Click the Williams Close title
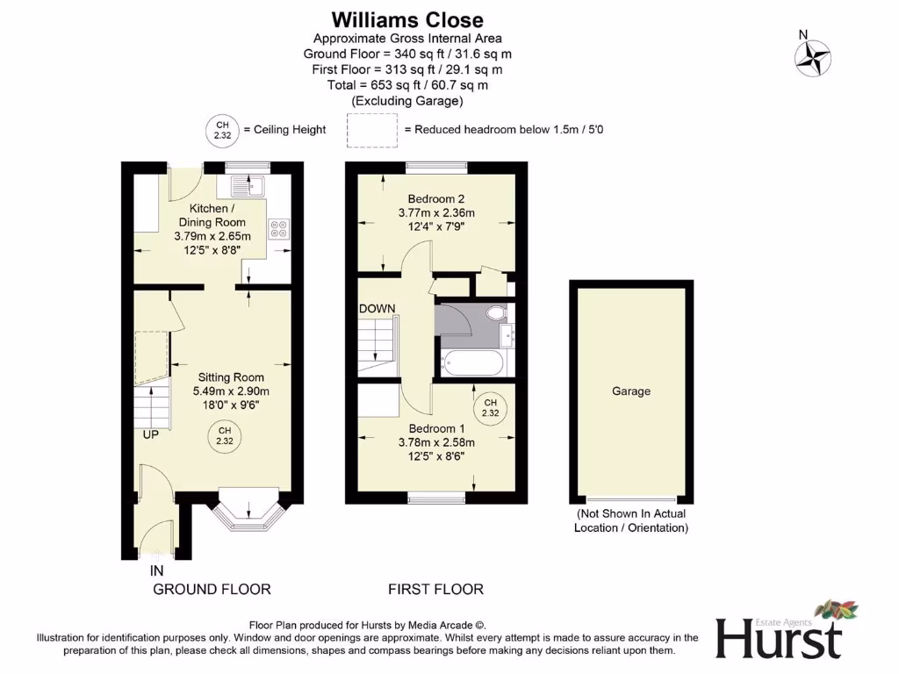pyautogui.click(x=407, y=19)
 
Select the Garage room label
pyautogui.click(x=630, y=391)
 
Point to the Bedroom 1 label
pyautogui.click(x=435, y=428)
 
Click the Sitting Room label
pyautogui.click(x=231, y=378)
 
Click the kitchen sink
pyautogui.click(x=248, y=186)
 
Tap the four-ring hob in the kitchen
pyautogui.click(x=280, y=228)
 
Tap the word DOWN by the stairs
pyautogui.click(x=377, y=309)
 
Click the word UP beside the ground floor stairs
pyautogui.click(x=151, y=434)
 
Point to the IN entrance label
pyautogui.click(x=156, y=570)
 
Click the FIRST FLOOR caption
pyautogui.click(x=435, y=589)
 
